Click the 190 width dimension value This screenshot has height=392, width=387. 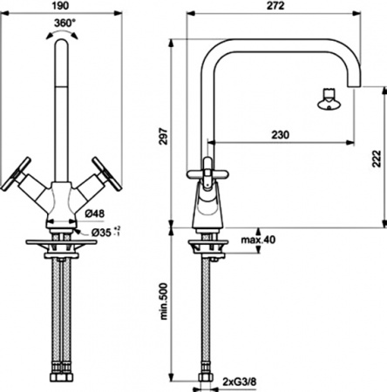click(61, 6)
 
